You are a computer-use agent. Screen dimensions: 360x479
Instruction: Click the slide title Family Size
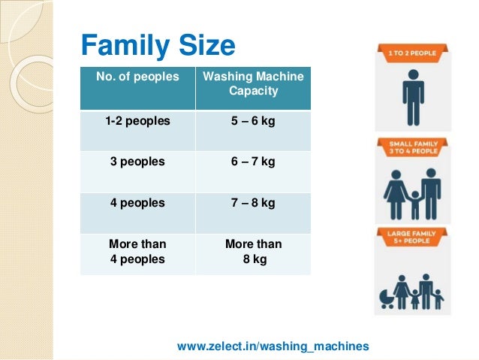click(x=158, y=47)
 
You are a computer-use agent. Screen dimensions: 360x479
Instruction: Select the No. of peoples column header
click(x=137, y=77)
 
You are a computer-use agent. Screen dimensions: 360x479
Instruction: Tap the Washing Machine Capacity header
click(x=253, y=84)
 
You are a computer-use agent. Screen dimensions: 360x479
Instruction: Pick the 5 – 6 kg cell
click(x=253, y=120)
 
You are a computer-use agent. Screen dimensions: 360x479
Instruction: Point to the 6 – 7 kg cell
click(x=253, y=161)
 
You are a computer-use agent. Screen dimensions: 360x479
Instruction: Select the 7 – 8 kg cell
click(x=253, y=203)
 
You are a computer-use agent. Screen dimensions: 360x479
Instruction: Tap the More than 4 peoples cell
click(x=138, y=251)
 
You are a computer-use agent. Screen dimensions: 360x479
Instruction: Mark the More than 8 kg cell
click(x=253, y=251)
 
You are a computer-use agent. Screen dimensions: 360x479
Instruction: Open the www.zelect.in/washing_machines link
click(x=273, y=346)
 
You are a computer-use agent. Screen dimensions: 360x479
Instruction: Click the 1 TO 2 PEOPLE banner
click(x=412, y=53)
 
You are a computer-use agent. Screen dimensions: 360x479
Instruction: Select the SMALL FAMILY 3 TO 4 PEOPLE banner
click(x=412, y=147)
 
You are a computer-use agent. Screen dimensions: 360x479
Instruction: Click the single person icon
click(x=412, y=98)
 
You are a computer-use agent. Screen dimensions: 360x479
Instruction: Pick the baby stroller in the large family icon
click(x=387, y=297)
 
